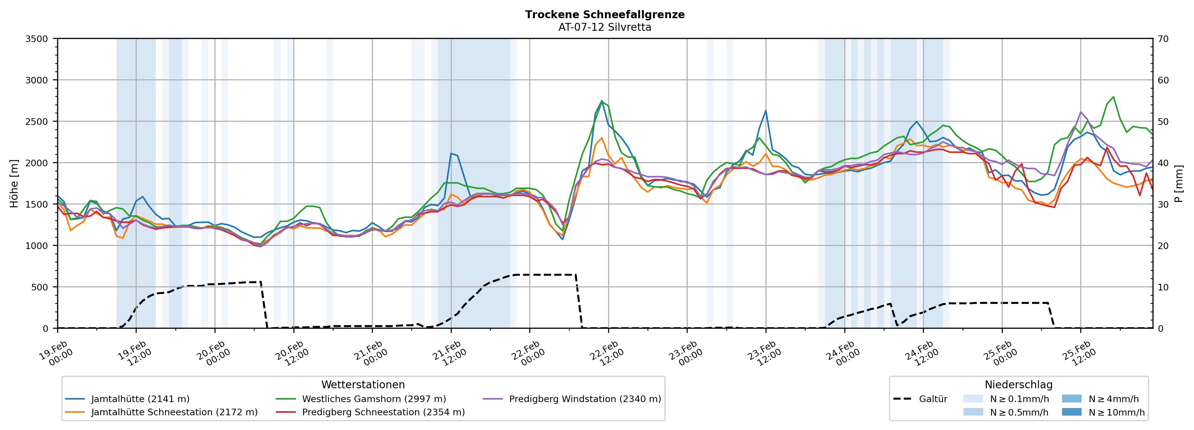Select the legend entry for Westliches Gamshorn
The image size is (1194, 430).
coord(373,399)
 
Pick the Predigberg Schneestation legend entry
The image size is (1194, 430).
coord(383,412)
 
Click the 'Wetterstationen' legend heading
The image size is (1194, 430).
coord(363,385)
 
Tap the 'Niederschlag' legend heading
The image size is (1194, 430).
coord(1018,385)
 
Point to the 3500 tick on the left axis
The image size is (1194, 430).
coord(37,39)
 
